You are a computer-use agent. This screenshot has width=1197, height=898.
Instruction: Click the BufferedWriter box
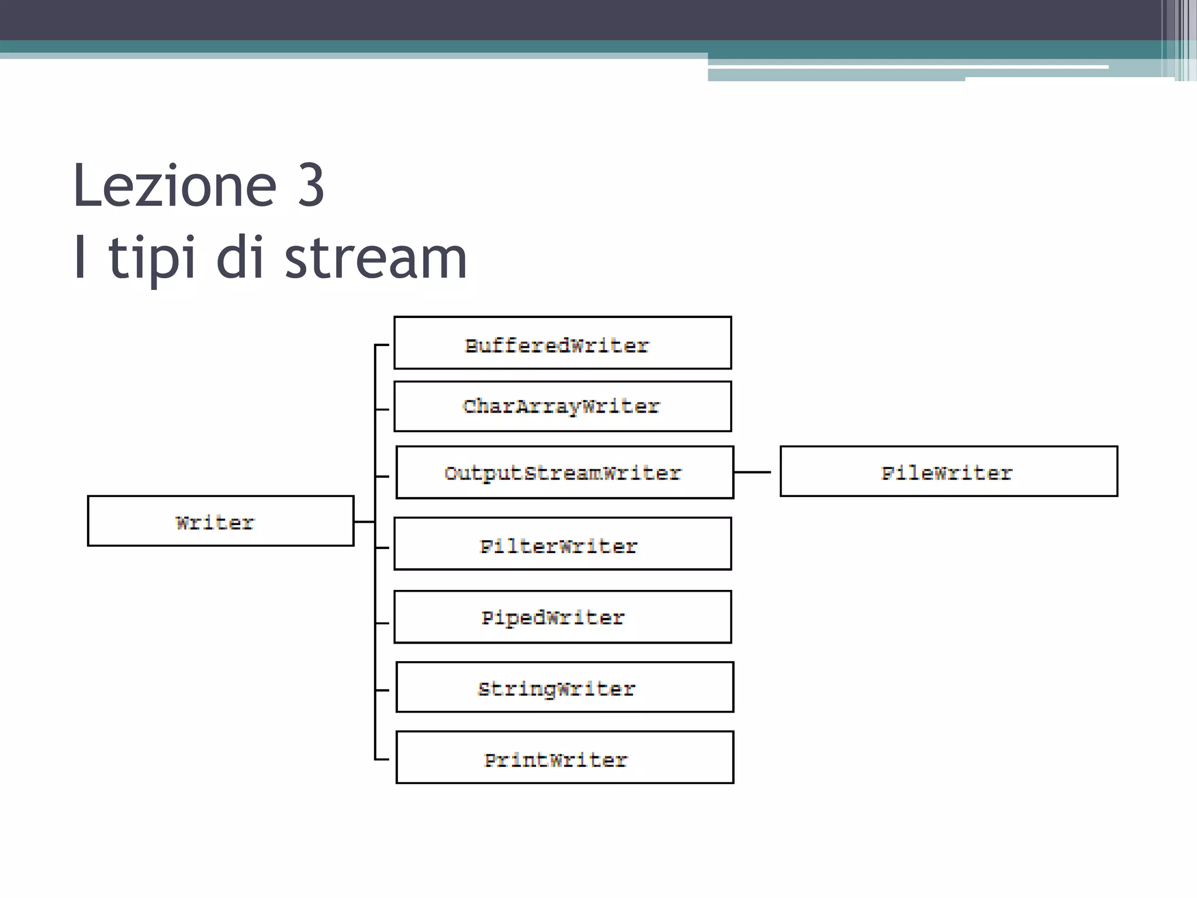562,343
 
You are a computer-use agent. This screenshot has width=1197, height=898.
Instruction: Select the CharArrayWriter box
562,406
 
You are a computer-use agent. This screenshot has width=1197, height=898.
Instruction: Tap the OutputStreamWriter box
565,472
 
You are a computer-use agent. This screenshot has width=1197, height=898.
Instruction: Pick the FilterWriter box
562,544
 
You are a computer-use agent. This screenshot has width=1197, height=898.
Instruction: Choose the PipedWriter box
562,617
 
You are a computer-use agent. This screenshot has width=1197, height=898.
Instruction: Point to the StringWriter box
565,687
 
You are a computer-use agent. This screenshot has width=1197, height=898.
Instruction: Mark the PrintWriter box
565,757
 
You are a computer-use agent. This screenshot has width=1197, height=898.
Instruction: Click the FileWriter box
949,471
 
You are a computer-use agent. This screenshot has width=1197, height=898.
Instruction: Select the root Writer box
220,521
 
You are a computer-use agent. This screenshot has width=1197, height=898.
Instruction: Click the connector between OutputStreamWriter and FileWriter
752,472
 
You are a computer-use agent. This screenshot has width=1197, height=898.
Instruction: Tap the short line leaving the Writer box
364,521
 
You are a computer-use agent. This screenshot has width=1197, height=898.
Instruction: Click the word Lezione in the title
174,186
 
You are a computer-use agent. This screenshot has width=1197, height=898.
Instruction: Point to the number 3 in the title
310,186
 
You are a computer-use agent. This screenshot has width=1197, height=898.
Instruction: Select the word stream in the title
375,258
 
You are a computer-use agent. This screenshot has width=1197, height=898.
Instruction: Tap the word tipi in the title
151,258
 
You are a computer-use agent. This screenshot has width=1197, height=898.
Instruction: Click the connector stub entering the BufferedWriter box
382,346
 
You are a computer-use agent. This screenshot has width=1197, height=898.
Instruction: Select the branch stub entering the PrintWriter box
382,759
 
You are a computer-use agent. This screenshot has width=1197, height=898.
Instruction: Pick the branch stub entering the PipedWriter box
382,623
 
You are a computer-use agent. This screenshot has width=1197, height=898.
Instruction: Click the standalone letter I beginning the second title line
81,257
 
